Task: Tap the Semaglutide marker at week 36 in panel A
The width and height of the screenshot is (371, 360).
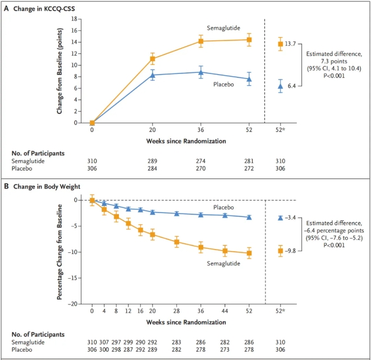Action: pos(201,41)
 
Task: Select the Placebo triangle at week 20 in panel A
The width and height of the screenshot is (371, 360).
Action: pos(153,75)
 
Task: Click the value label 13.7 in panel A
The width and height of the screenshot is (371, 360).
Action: pos(294,44)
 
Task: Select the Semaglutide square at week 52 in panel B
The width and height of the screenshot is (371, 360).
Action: pos(249,253)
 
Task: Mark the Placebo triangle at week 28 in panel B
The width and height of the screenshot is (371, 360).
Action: pos(177,213)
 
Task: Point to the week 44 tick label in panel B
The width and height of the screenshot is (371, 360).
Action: pos(225,311)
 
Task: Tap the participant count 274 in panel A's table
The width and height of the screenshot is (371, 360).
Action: pos(201,160)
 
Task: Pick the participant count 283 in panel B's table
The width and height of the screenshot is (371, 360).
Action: pos(177,341)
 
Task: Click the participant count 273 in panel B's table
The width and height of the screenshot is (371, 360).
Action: pos(225,349)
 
